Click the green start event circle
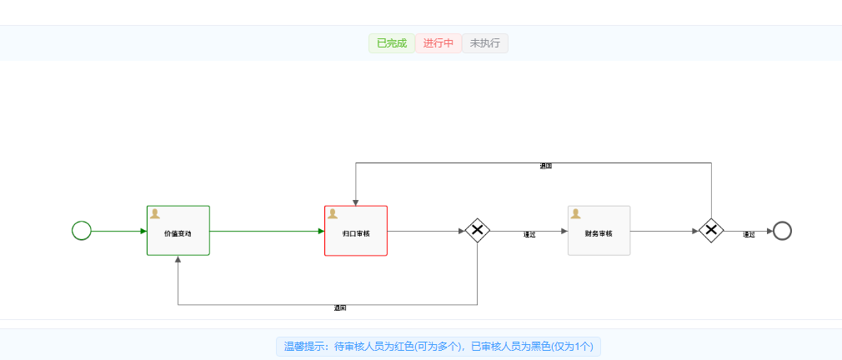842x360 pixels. tap(81, 231)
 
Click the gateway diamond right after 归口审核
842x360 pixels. tap(477, 231)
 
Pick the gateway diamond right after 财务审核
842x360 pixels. tap(710, 231)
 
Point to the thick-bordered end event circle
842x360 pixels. tap(781, 231)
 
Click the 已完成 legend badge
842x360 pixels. tap(391, 43)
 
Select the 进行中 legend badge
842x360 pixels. tap(438, 43)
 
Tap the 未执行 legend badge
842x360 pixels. tap(485, 43)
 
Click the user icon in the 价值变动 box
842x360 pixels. tap(155, 213)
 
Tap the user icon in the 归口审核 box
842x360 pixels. tap(333, 213)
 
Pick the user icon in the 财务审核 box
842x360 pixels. tap(576, 213)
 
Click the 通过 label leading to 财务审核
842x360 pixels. tap(529, 235)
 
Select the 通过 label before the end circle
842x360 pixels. tap(749, 235)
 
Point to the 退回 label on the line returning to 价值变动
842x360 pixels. tap(340, 308)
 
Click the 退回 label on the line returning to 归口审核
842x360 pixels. tap(546, 166)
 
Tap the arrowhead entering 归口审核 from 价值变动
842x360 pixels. tap(320, 231)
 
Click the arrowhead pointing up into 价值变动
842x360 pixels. tap(178, 260)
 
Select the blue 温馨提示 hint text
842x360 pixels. tap(439, 347)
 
